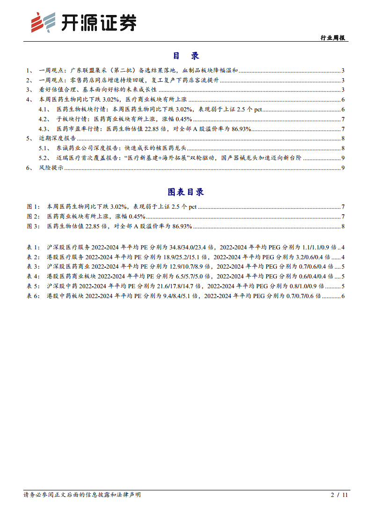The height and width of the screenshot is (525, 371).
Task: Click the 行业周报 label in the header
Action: click(x=333, y=37)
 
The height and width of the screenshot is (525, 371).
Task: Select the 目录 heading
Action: click(x=186, y=56)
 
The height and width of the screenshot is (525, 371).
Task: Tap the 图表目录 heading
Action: click(x=186, y=192)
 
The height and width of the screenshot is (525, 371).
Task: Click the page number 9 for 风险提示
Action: click(x=343, y=168)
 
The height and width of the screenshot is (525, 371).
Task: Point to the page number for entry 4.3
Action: click(x=343, y=129)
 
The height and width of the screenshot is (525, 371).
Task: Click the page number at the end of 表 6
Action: click(x=343, y=296)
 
